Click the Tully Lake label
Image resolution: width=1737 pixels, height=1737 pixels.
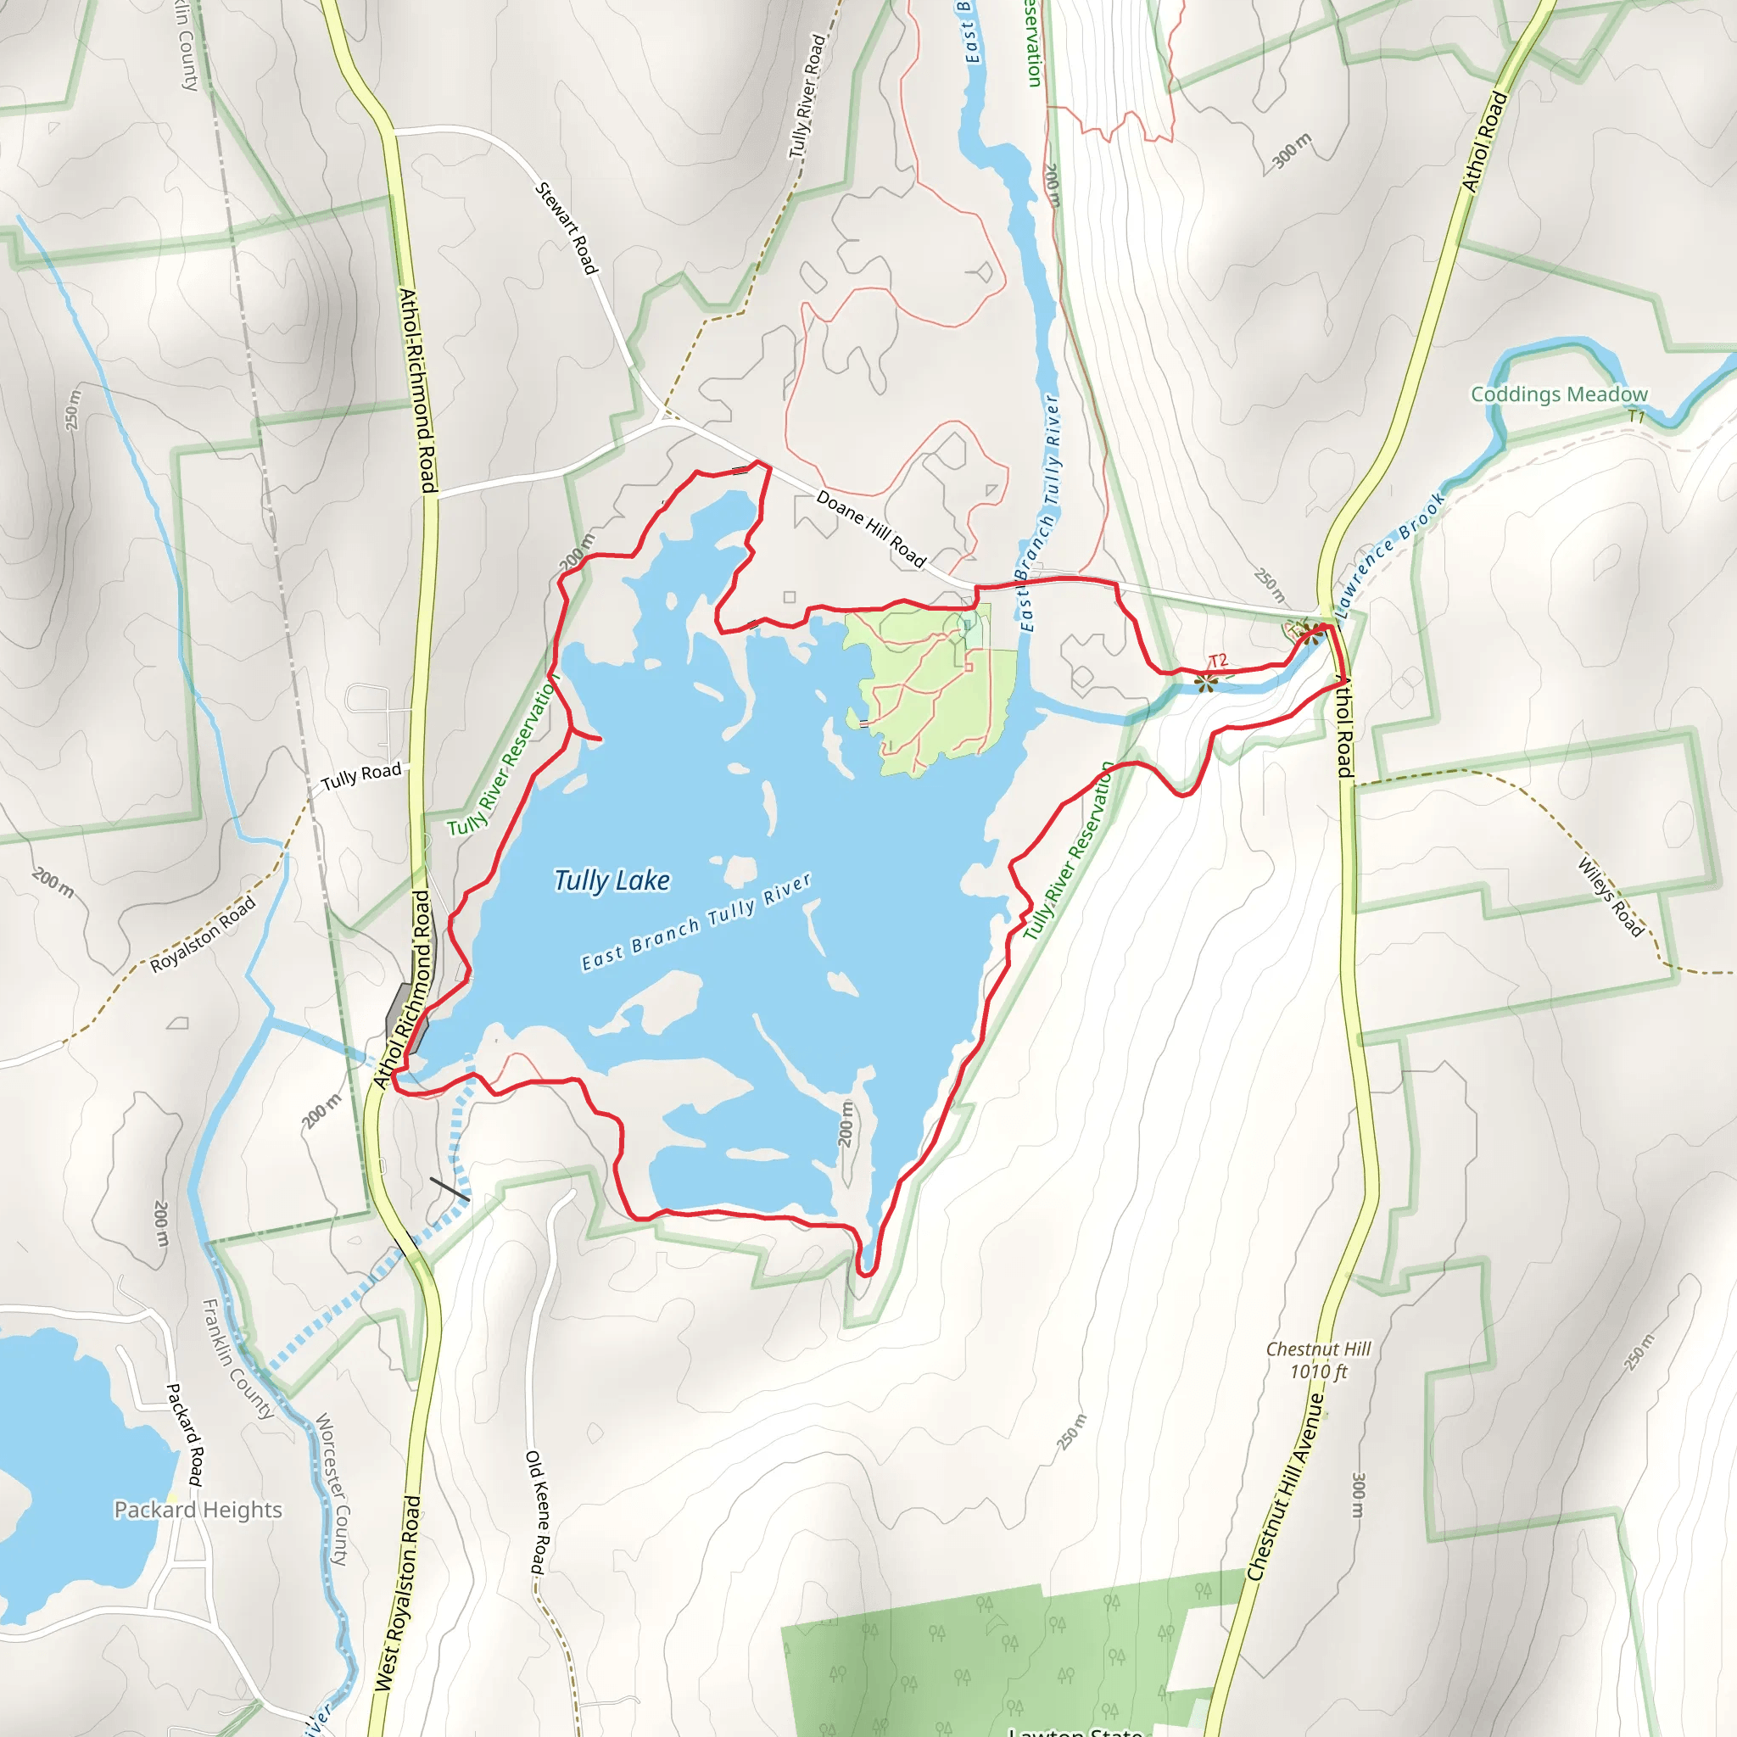tap(612, 880)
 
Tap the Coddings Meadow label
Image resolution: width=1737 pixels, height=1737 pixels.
tap(1559, 394)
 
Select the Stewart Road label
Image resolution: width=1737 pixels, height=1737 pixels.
tap(567, 228)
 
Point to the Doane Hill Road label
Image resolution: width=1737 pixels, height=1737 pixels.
tap(870, 528)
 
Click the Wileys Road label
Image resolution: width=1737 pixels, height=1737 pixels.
tap(1611, 897)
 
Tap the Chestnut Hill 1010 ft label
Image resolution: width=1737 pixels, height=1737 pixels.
tap(1318, 1360)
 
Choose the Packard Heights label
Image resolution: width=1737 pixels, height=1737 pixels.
tap(198, 1510)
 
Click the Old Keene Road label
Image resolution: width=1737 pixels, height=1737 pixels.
tap(536, 1511)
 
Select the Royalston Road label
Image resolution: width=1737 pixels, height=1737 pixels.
tap(204, 933)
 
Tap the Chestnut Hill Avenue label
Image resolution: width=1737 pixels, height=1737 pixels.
tap(1287, 1486)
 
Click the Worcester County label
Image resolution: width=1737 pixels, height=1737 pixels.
tap(331, 1488)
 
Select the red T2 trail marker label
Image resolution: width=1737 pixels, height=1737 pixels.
tap(1218, 661)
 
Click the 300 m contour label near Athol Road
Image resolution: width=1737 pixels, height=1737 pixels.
tap(1292, 150)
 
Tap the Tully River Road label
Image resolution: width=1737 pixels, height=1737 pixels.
tap(807, 97)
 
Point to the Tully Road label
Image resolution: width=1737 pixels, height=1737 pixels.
tap(361, 775)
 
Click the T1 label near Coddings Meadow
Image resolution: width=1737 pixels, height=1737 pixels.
tap(1636, 416)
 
